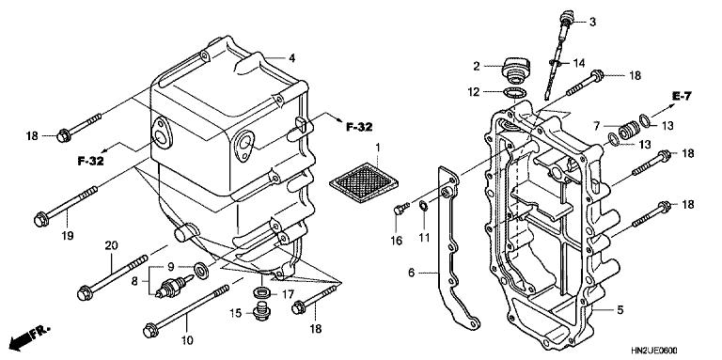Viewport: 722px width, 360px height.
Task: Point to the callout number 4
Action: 292,58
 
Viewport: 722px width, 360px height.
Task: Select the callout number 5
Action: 620,309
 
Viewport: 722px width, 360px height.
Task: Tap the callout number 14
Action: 578,62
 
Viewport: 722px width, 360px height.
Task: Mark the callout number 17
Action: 289,293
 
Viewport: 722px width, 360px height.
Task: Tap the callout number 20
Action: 111,246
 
